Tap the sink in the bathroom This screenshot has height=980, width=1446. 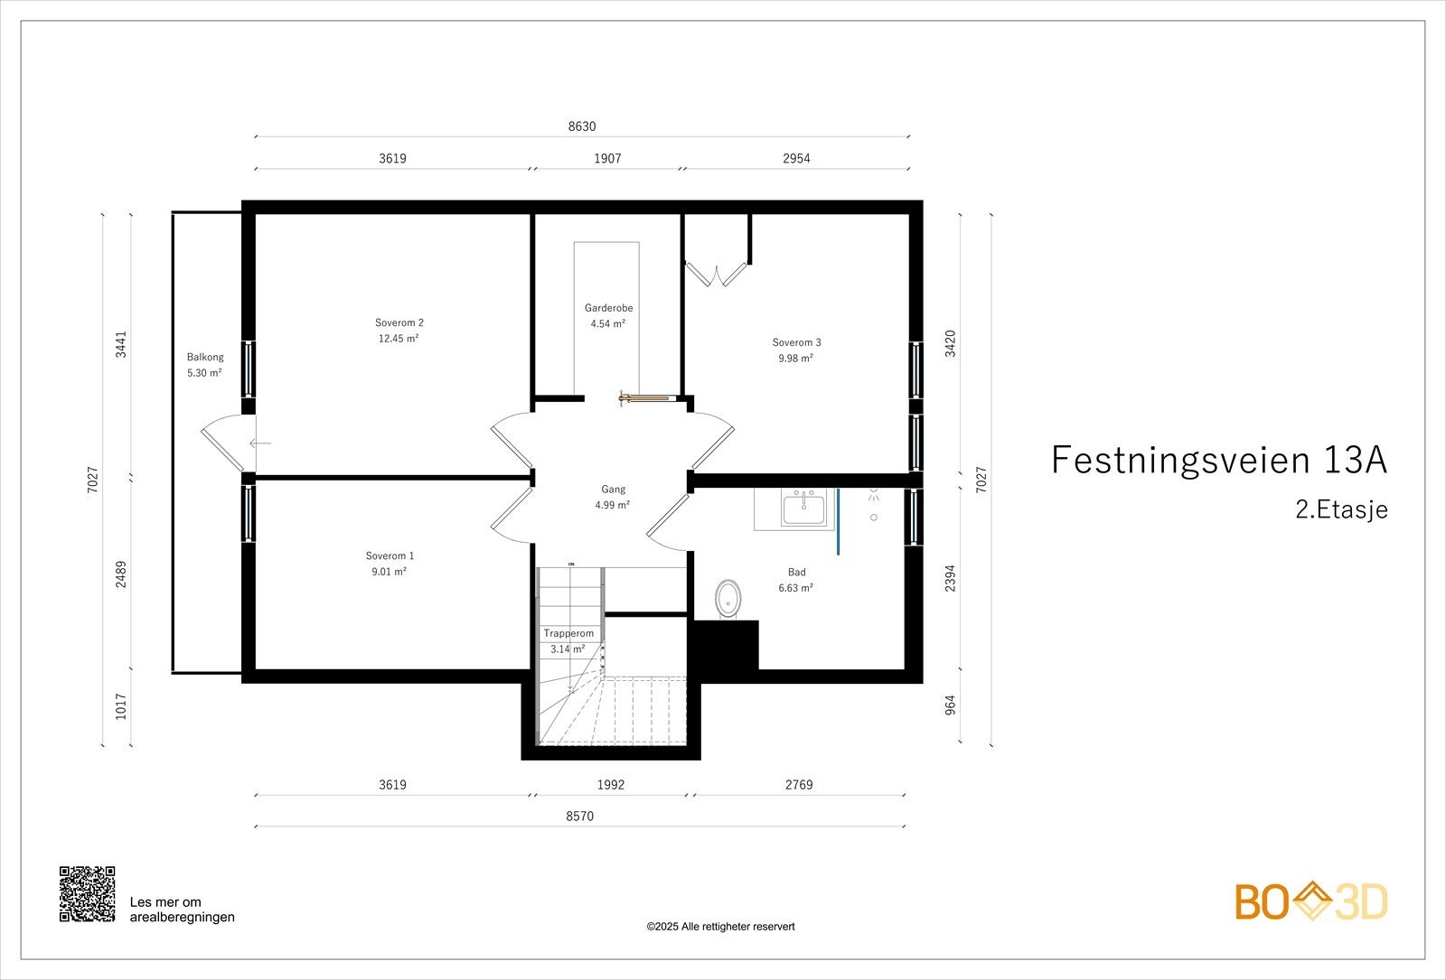(x=803, y=508)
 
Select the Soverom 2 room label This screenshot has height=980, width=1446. (x=399, y=331)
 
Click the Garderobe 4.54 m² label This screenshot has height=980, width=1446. (x=608, y=315)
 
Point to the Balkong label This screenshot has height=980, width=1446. (x=205, y=364)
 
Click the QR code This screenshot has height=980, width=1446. (x=88, y=893)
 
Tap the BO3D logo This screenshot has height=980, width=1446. (x=1310, y=902)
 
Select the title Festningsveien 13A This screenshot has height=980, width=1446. (x=1218, y=460)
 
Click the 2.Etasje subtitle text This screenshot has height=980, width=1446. (x=1341, y=509)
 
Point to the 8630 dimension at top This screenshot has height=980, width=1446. (x=582, y=126)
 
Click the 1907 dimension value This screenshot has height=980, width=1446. (x=607, y=158)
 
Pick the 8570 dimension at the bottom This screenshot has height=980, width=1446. (x=580, y=816)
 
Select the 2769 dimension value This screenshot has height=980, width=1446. (x=799, y=784)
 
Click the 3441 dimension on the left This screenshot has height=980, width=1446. (x=121, y=345)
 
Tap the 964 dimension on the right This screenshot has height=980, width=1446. (x=950, y=705)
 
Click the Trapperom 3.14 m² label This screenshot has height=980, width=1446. (x=568, y=640)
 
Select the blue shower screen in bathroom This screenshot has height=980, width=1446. (x=839, y=521)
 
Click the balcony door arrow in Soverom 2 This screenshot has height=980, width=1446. (x=260, y=443)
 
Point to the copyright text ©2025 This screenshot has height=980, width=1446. (x=720, y=926)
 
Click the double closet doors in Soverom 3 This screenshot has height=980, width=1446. (x=717, y=273)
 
